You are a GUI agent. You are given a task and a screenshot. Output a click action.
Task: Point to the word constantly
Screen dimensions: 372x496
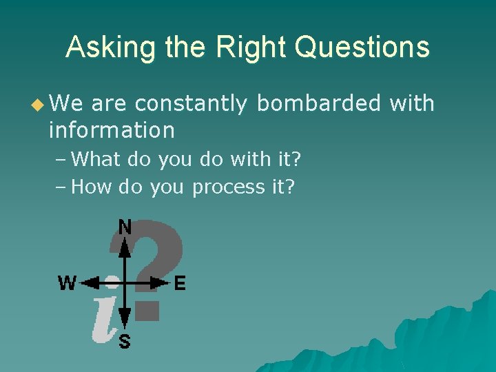(191, 104)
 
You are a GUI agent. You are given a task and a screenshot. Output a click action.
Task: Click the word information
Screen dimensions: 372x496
(112, 130)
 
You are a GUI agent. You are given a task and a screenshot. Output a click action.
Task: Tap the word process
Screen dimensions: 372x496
(227, 187)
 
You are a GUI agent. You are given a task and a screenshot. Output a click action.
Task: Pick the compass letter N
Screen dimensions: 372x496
(125, 227)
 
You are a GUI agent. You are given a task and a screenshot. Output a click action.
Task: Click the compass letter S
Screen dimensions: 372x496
(125, 340)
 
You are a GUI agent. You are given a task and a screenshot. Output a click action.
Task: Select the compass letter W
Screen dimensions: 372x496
(67, 283)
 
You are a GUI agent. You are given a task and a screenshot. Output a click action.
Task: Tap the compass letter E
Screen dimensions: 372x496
(180, 283)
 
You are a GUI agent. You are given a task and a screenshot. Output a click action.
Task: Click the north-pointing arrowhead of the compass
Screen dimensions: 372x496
(125, 245)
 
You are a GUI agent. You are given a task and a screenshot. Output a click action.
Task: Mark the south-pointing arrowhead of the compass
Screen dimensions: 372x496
(125, 319)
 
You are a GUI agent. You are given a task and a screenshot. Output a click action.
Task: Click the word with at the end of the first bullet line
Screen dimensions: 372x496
(412, 104)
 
